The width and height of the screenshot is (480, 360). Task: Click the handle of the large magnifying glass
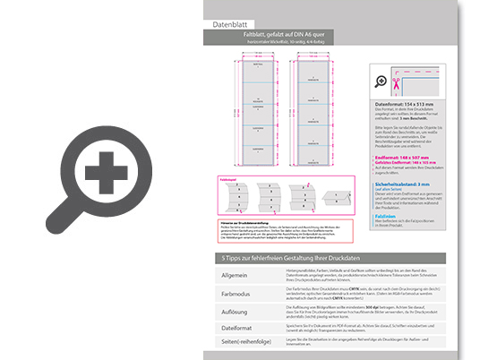coord(64,211)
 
